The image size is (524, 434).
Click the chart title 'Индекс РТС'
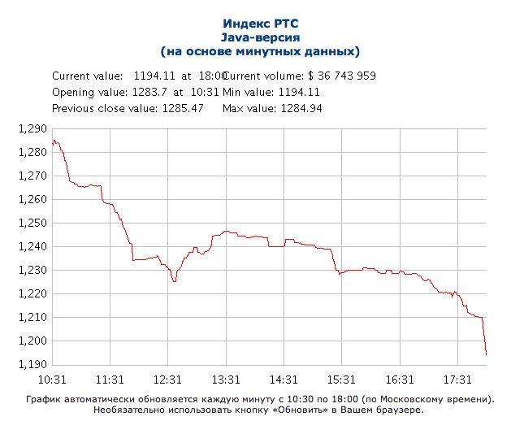coord(260,24)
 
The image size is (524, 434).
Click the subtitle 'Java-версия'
coord(260,37)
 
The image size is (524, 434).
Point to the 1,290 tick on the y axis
coord(32,128)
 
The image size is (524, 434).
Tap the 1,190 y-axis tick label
coord(32,364)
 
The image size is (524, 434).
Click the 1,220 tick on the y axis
coord(32,293)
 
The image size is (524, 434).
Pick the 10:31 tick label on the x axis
coord(51,380)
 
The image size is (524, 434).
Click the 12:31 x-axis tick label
coord(167,380)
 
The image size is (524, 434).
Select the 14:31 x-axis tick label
coord(284,380)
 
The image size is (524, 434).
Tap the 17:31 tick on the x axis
coord(457,380)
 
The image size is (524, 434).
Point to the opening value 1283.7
coord(149,92)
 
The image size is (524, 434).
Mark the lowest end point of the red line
coord(486,354)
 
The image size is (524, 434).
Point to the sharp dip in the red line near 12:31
coord(174,281)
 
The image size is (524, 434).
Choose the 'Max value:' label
coord(249,108)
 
